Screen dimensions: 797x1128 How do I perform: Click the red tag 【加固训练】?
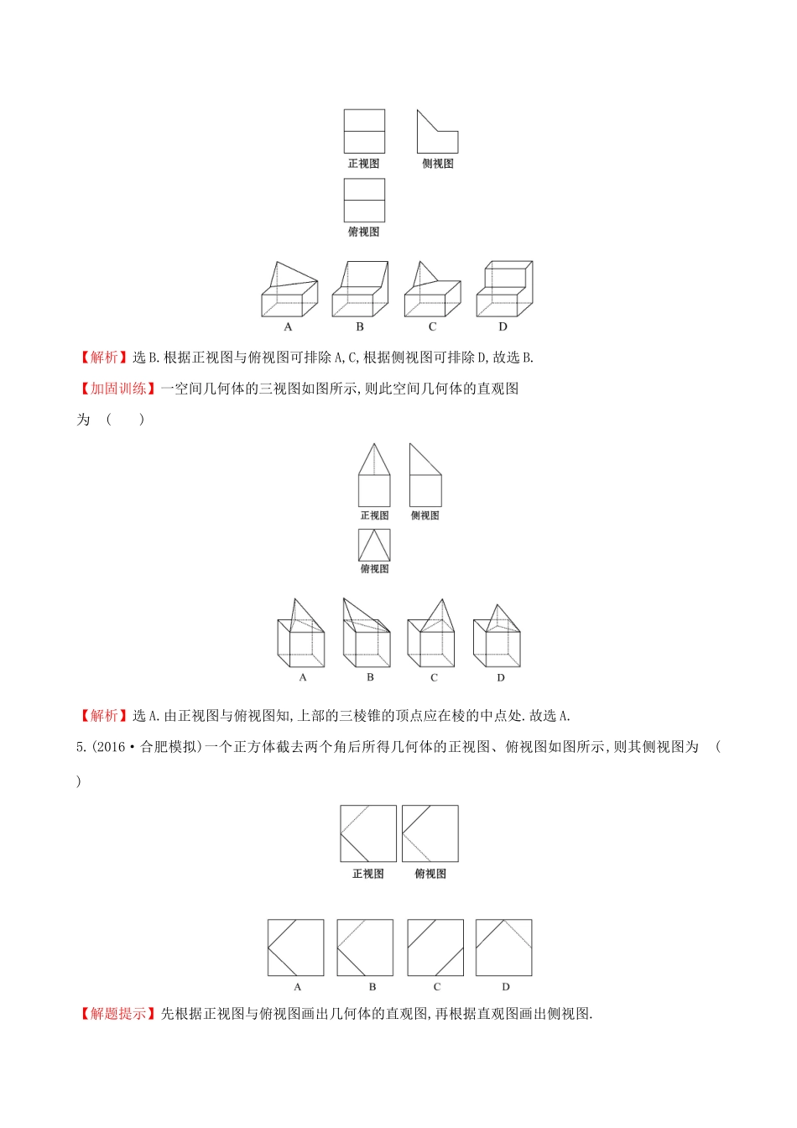click(x=118, y=389)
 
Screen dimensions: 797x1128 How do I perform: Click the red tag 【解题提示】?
click(x=118, y=1014)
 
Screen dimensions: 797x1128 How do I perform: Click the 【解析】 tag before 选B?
click(x=104, y=358)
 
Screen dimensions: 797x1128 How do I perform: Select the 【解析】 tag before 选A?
click(x=104, y=716)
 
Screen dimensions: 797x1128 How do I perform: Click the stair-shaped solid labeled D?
click(x=504, y=289)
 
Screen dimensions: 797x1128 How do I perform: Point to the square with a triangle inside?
click(x=374, y=546)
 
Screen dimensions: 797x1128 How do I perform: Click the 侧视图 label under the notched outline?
click(x=438, y=164)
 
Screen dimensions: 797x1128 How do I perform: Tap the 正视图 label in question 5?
click(x=368, y=874)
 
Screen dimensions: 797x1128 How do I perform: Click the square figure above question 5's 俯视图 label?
click(x=430, y=833)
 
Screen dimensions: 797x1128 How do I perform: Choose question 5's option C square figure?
click(x=435, y=948)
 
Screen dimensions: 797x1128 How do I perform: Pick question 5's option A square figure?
click(x=296, y=948)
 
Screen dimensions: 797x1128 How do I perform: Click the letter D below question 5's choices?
click(x=505, y=987)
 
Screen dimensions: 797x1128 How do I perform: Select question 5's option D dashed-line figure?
click(x=504, y=948)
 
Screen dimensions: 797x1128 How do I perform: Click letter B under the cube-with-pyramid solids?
click(x=370, y=677)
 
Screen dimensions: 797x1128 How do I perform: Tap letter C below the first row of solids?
click(x=433, y=326)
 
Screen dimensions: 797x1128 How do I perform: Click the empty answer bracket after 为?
click(x=125, y=420)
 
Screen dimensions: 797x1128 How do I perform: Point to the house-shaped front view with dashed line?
click(x=374, y=475)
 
